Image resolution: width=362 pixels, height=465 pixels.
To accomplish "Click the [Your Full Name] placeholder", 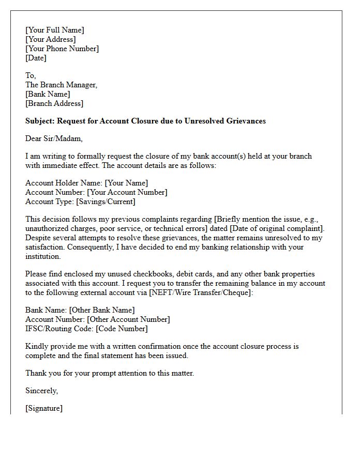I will pyautogui.click(x=54, y=30).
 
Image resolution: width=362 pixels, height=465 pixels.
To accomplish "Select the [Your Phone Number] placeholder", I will pyautogui.click(x=62, y=49).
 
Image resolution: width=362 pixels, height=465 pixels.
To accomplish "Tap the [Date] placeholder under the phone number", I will pyautogui.click(x=36, y=58).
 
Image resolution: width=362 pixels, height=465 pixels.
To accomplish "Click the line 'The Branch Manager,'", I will pyautogui.click(x=61, y=85).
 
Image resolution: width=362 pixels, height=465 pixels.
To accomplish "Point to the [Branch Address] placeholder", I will pyautogui.click(x=54, y=103).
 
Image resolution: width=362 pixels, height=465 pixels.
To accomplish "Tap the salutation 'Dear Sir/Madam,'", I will pyautogui.click(x=54, y=138).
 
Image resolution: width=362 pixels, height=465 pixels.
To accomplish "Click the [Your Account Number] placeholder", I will pyautogui.click(x=127, y=192).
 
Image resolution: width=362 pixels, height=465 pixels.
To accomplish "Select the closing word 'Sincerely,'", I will pyautogui.click(x=41, y=391).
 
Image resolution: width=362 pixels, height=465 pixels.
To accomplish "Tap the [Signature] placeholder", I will pyautogui.click(x=44, y=408).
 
